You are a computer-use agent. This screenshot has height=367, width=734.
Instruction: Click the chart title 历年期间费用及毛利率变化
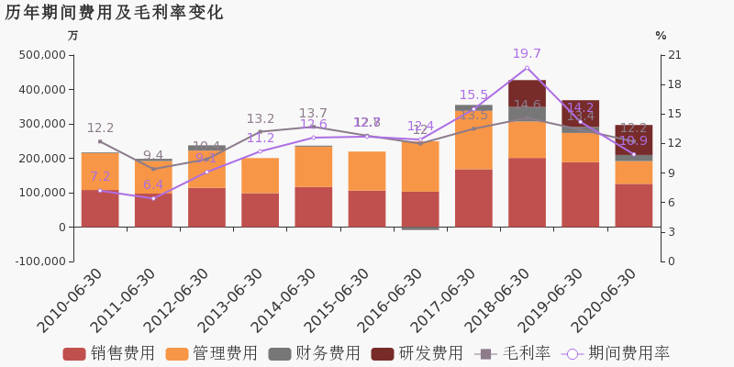tap(114, 13)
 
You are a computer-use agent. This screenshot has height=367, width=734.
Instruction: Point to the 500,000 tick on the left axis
tap(41, 55)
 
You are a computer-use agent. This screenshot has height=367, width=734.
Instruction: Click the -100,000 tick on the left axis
tap(39, 261)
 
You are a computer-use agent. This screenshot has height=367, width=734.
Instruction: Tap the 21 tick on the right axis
tap(675, 55)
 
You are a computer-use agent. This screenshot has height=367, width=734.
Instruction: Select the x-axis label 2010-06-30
tap(72, 302)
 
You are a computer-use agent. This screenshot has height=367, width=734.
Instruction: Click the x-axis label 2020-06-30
tap(605, 302)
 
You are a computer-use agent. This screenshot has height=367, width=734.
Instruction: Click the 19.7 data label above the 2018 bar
tap(527, 54)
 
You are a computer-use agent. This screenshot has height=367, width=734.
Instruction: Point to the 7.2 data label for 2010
tap(100, 177)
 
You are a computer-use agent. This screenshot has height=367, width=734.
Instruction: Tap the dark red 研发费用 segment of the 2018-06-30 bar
tap(527, 93)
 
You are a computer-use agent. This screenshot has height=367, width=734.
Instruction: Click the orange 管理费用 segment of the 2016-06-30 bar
tap(420, 166)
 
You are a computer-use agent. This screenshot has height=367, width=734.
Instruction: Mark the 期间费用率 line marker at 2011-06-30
tap(153, 198)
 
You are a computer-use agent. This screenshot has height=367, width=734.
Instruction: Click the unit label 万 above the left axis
tap(73, 36)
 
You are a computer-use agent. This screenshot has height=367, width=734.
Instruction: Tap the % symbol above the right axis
tap(661, 36)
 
